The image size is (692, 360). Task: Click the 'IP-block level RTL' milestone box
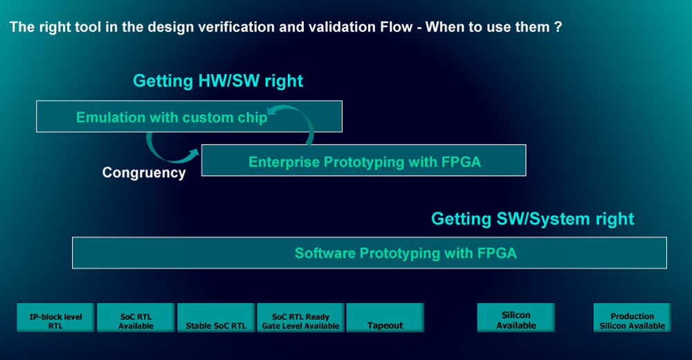(55, 318)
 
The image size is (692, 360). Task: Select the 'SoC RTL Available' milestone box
(136, 318)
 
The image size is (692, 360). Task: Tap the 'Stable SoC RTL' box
(216, 318)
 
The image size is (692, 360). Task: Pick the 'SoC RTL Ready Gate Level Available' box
(300, 318)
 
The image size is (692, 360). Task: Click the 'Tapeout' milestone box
(385, 318)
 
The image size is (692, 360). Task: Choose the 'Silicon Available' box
(516, 318)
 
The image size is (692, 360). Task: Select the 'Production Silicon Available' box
(632, 318)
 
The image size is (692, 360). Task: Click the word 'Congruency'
(144, 172)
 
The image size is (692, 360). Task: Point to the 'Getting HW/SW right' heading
(218, 81)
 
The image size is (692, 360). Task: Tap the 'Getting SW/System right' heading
(533, 219)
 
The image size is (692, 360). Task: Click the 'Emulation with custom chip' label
(172, 118)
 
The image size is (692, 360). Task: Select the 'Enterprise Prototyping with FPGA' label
(365, 162)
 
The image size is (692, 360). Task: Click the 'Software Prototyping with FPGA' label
(406, 253)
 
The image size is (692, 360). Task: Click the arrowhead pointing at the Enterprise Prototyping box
(194, 153)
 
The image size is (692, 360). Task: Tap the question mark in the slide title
(558, 27)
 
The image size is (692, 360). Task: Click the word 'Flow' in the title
(396, 27)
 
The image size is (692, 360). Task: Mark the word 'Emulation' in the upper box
(110, 118)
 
